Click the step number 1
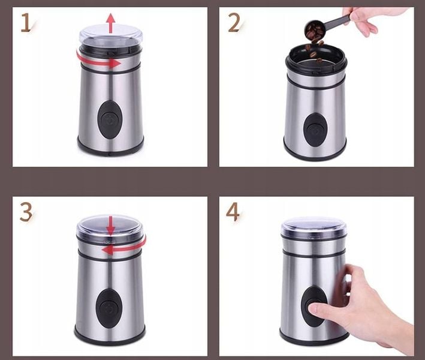(26, 23)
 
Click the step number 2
(234, 23)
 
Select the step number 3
(26, 212)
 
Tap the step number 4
(233, 212)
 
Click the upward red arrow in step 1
(110, 23)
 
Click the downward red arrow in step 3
(110, 226)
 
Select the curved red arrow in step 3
(125, 247)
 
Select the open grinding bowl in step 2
(316, 61)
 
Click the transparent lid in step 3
(110, 227)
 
